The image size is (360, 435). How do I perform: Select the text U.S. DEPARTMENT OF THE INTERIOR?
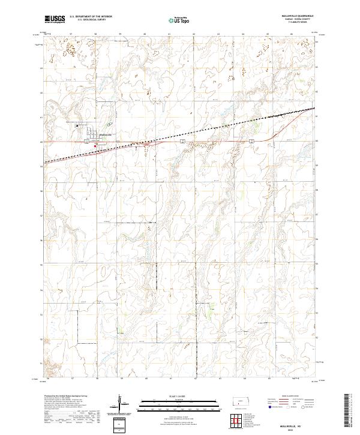[x=90, y=17]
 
